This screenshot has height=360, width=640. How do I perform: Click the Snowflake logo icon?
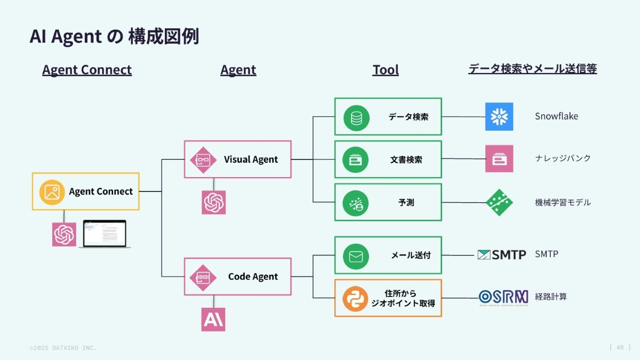[499, 116]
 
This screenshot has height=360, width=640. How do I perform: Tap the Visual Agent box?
[238, 159]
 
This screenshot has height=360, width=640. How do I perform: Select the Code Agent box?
[238, 276]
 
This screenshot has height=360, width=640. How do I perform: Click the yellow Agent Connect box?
[85, 191]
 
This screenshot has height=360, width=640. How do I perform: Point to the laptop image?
[105, 234]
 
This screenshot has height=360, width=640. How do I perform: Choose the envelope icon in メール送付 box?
[356, 255]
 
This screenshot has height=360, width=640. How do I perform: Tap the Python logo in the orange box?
[355, 299]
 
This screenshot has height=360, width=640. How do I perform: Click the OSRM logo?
[503, 297]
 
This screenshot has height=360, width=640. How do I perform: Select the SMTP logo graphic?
[501, 254]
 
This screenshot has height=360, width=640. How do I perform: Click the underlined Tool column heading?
[386, 70]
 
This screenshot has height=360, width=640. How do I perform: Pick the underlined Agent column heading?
[238, 70]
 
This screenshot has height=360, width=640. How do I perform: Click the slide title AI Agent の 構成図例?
[114, 36]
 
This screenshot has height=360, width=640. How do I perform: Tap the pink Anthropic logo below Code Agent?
[213, 319]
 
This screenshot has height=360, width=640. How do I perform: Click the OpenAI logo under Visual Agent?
[213, 203]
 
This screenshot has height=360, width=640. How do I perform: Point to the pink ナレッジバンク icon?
[499, 158]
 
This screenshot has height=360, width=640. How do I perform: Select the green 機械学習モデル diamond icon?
[499, 203]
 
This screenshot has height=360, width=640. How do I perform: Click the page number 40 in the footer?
[620, 347]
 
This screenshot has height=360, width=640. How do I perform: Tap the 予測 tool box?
[388, 202]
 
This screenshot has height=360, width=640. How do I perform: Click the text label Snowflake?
[556, 116]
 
